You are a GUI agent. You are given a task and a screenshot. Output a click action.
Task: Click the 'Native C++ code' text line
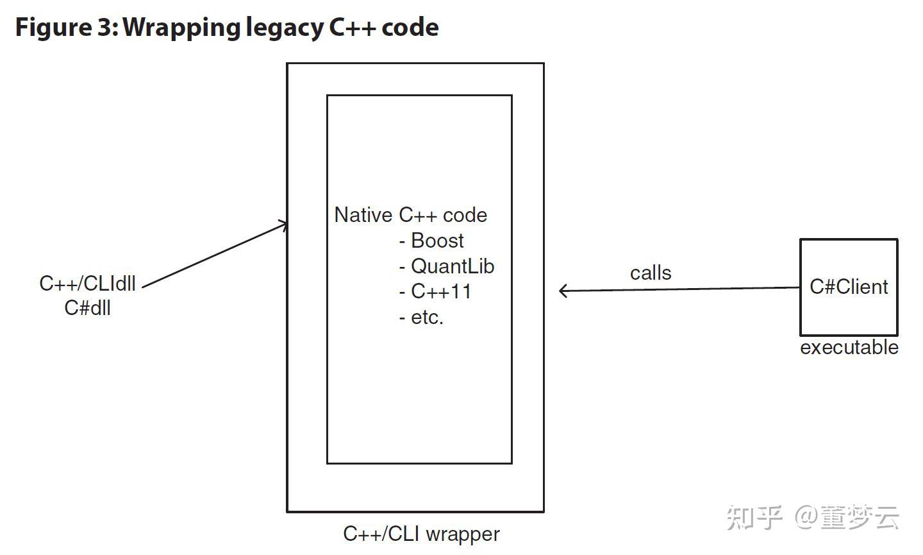click(x=410, y=215)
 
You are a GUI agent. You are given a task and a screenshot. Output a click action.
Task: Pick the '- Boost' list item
click(x=431, y=241)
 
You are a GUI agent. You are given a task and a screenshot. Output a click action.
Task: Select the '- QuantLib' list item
click(x=446, y=266)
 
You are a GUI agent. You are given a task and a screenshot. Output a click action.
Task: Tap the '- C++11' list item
click(x=435, y=292)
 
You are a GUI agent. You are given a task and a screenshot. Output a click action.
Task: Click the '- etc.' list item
click(x=421, y=317)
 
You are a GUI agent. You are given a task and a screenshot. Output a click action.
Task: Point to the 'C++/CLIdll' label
click(x=87, y=284)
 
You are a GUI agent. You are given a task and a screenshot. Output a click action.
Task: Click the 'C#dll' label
click(x=87, y=308)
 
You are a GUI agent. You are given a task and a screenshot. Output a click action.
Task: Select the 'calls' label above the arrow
click(x=651, y=273)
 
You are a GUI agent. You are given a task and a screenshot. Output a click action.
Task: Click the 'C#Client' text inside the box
click(x=849, y=287)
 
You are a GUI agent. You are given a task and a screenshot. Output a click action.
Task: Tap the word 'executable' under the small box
click(x=849, y=347)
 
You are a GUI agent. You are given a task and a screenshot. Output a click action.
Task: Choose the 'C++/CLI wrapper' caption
click(x=421, y=534)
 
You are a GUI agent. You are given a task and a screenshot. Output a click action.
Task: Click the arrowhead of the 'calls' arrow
click(x=563, y=291)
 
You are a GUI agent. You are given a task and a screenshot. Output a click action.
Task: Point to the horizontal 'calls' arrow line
click(x=679, y=289)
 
